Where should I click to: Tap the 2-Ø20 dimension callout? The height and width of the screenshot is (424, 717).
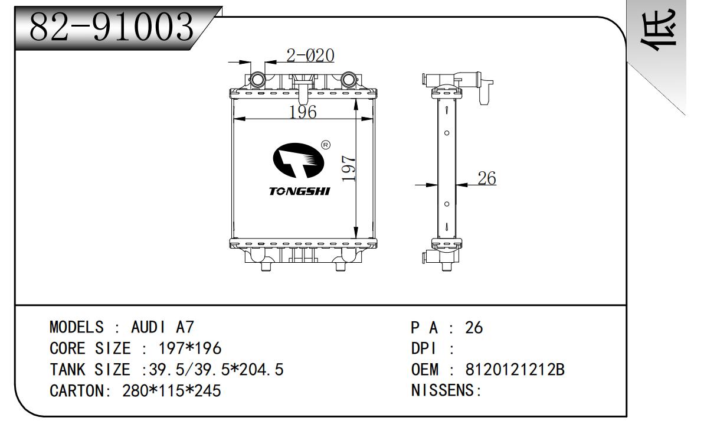coord(310,56)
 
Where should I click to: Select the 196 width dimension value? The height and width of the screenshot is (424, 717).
coord(303,112)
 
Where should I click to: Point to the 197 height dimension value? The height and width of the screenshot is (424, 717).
coord(348,168)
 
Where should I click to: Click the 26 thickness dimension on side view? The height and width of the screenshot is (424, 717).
coord(486,178)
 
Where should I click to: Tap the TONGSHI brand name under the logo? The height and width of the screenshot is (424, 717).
coord(300,191)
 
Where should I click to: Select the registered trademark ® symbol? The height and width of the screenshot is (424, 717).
coord(325,145)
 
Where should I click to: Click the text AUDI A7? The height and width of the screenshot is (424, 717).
coord(162,327)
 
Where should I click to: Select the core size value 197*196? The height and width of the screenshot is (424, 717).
coord(190,348)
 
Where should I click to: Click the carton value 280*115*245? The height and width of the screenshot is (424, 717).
coord(171,390)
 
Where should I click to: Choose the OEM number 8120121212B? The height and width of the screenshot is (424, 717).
coord(515,370)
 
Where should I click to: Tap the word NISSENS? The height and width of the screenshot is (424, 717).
coord(444,390)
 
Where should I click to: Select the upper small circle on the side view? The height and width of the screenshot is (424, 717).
coord(447,133)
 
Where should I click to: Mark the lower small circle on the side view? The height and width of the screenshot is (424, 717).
coord(447,204)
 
